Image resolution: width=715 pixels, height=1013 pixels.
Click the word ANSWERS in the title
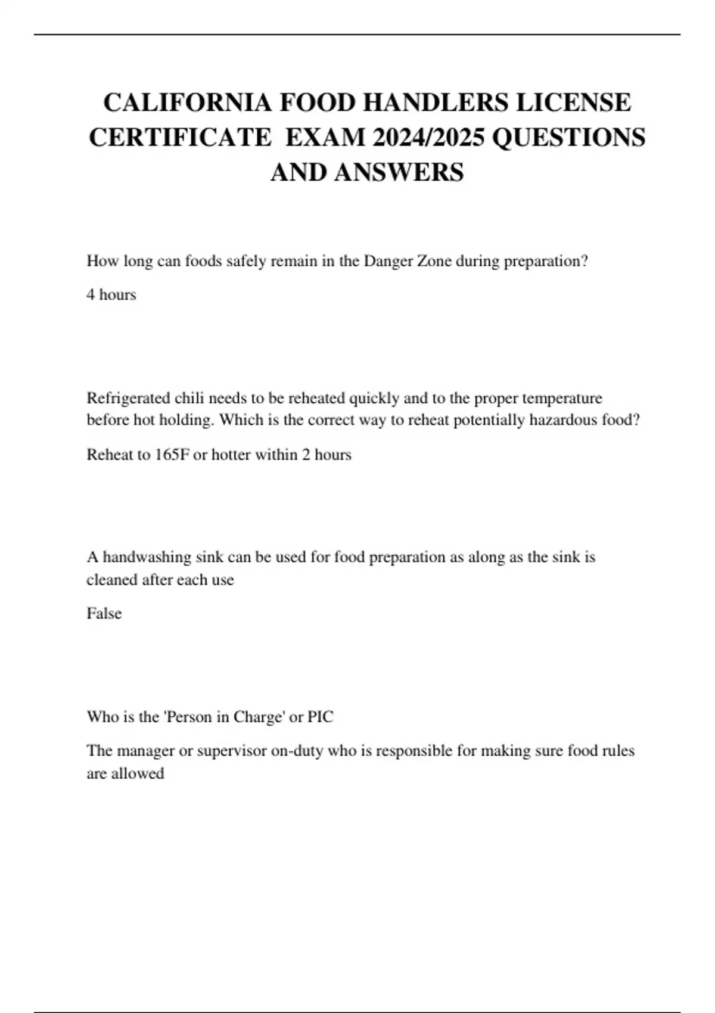[399, 173]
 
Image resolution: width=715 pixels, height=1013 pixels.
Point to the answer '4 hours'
[111, 295]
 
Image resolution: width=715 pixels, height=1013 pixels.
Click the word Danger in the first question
[387, 262]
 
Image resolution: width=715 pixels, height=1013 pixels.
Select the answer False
[104, 614]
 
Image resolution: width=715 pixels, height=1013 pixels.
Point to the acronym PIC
[321, 717]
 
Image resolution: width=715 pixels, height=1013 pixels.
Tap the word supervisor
[231, 751]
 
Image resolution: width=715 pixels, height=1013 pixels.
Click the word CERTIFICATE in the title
[180, 138]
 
